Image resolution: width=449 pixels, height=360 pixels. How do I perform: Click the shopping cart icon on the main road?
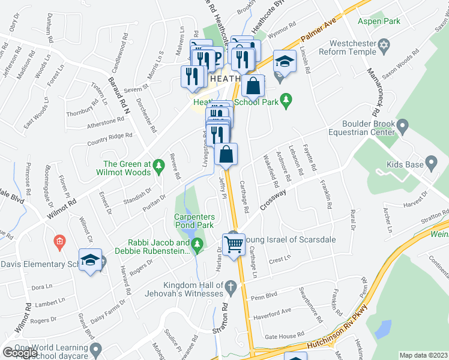233,244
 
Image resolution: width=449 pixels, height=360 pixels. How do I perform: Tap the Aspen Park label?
378,21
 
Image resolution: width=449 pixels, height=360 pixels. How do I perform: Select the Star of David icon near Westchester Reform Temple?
384,46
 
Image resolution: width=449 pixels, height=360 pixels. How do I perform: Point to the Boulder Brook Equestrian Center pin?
403,127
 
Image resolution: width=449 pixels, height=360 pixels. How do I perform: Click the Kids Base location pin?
430,163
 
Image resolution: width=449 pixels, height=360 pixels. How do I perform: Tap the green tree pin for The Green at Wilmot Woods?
158,164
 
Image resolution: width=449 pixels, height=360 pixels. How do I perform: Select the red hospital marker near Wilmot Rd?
58,242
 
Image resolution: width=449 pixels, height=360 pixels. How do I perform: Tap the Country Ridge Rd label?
109,140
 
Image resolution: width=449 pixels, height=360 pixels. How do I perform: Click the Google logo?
20,352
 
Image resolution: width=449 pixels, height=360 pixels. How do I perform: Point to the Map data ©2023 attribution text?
424,355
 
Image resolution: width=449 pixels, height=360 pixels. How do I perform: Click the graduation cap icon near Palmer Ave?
285,61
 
